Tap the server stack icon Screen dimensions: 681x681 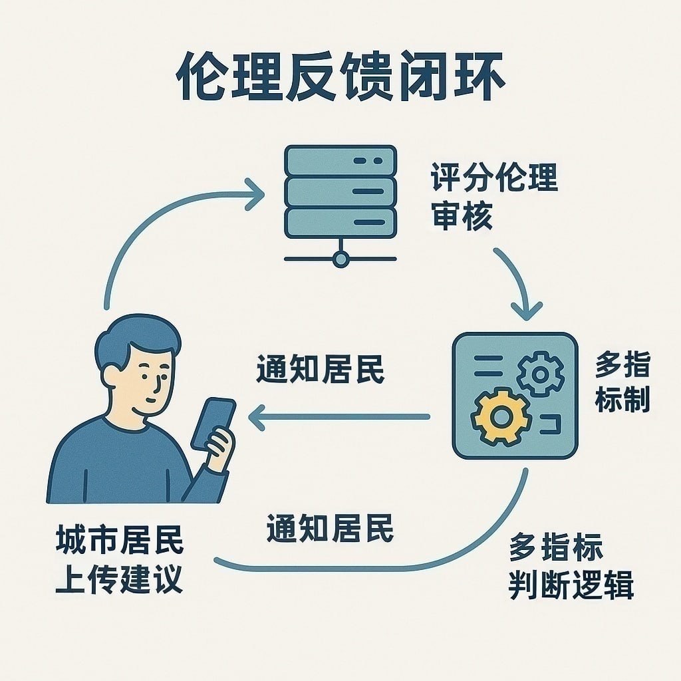pos(340,193)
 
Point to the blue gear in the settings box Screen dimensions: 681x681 pos(540,374)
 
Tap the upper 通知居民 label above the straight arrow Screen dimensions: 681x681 pos(321,370)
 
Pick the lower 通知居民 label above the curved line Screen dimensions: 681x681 pos(330,529)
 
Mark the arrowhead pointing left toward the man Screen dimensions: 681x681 pos(257,417)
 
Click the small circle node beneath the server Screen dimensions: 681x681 pos(340,259)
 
